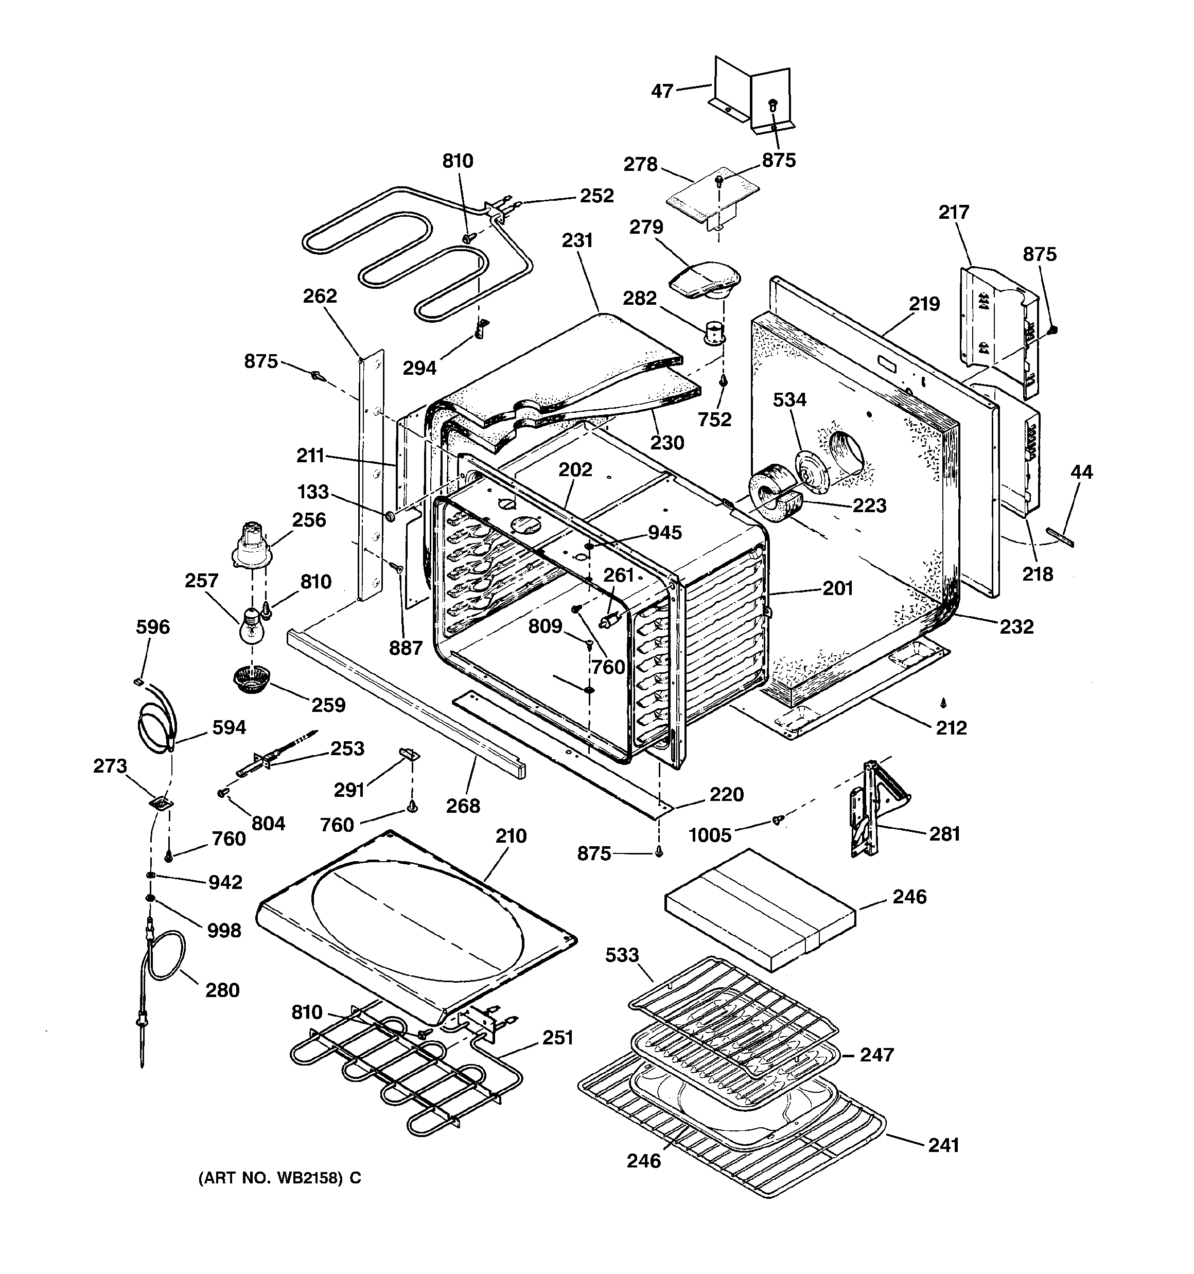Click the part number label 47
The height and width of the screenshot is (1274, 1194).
pos(662,91)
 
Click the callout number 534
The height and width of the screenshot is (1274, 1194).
pos(789,400)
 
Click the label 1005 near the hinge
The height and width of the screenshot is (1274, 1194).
pos(710,835)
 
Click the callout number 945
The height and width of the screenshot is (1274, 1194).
pos(664,533)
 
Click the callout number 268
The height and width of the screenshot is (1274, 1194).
pos(463,806)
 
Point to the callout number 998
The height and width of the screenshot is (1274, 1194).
pos(224,931)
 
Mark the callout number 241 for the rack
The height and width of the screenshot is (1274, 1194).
pos(943,1145)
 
